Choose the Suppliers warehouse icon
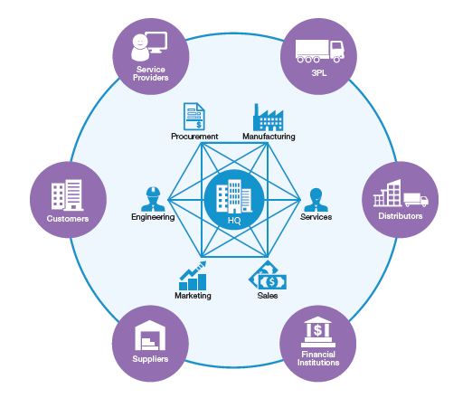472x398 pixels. pyautogui.click(x=149, y=337)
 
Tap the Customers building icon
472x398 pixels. pyautogui.click(x=68, y=193)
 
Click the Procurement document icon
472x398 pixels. pyautogui.click(x=194, y=116)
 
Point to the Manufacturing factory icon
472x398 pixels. pyautogui.click(x=269, y=118)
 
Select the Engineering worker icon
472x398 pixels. pyautogui.click(x=152, y=197)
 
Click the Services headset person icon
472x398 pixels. pyautogui.click(x=316, y=197)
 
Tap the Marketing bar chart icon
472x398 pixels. pyautogui.click(x=193, y=274)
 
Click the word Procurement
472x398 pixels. pyautogui.click(x=194, y=137)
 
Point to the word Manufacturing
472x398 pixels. pyautogui.click(x=269, y=137)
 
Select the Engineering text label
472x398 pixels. pyautogui.click(x=152, y=217)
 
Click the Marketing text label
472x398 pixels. pyautogui.click(x=193, y=296)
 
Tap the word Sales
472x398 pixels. pyautogui.click(x=267, y=296)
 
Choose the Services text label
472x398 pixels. pyautogui.click(x=316, y=217)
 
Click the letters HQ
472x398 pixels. pyautogui.click(x=234, y=221)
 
